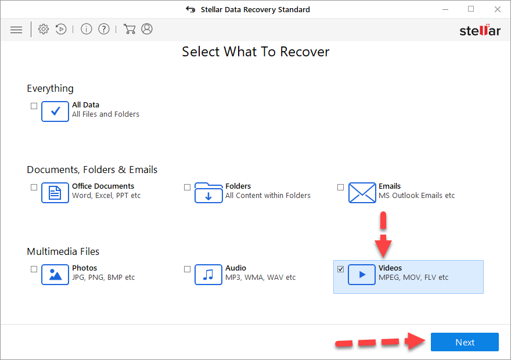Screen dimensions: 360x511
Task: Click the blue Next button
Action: (x=465, y=342)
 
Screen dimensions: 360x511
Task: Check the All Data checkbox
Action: (x=34, y=106)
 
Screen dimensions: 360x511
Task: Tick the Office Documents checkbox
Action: (x=34, y=187)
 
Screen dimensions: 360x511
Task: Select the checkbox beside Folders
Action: (x=187, y=187)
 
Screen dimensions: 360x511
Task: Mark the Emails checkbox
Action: (x=340, y=187)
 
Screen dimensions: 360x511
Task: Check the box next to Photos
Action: (x=34, y=269)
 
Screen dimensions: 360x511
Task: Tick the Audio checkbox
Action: (x=187, y=269)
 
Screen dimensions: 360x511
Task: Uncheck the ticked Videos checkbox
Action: (x=340, y=269)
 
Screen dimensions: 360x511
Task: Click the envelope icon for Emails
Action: (x=362, y=192)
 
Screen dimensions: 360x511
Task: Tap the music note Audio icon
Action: (x=208, y=274)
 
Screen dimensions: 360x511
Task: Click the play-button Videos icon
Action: (x=362, y=274)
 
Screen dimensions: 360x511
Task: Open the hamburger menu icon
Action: (x=16, y=30)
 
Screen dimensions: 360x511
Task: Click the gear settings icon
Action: (x=44, y=29)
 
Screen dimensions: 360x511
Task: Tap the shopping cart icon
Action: (x=129, y=29)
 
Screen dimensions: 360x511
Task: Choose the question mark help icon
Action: (x=104, y=29)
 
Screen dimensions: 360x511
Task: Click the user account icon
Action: (x=147, y=29)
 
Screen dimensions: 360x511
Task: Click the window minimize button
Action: (x=445, y=9)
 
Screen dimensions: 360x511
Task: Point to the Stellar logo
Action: (x=480, y=30)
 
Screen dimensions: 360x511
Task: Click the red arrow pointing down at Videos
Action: (x=383, y=235)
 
